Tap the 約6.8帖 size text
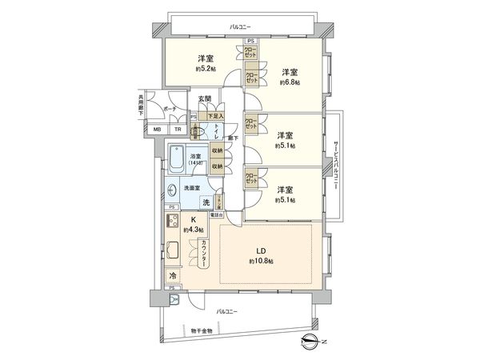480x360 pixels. point(290,82)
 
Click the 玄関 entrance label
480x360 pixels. point(206,99)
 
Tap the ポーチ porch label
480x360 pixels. point(170,108)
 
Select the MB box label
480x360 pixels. point(157,129)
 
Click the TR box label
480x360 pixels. point(178,129)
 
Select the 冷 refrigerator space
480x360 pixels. point(173,276)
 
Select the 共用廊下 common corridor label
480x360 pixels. point(141,107)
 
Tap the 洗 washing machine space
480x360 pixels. point(206,202)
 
